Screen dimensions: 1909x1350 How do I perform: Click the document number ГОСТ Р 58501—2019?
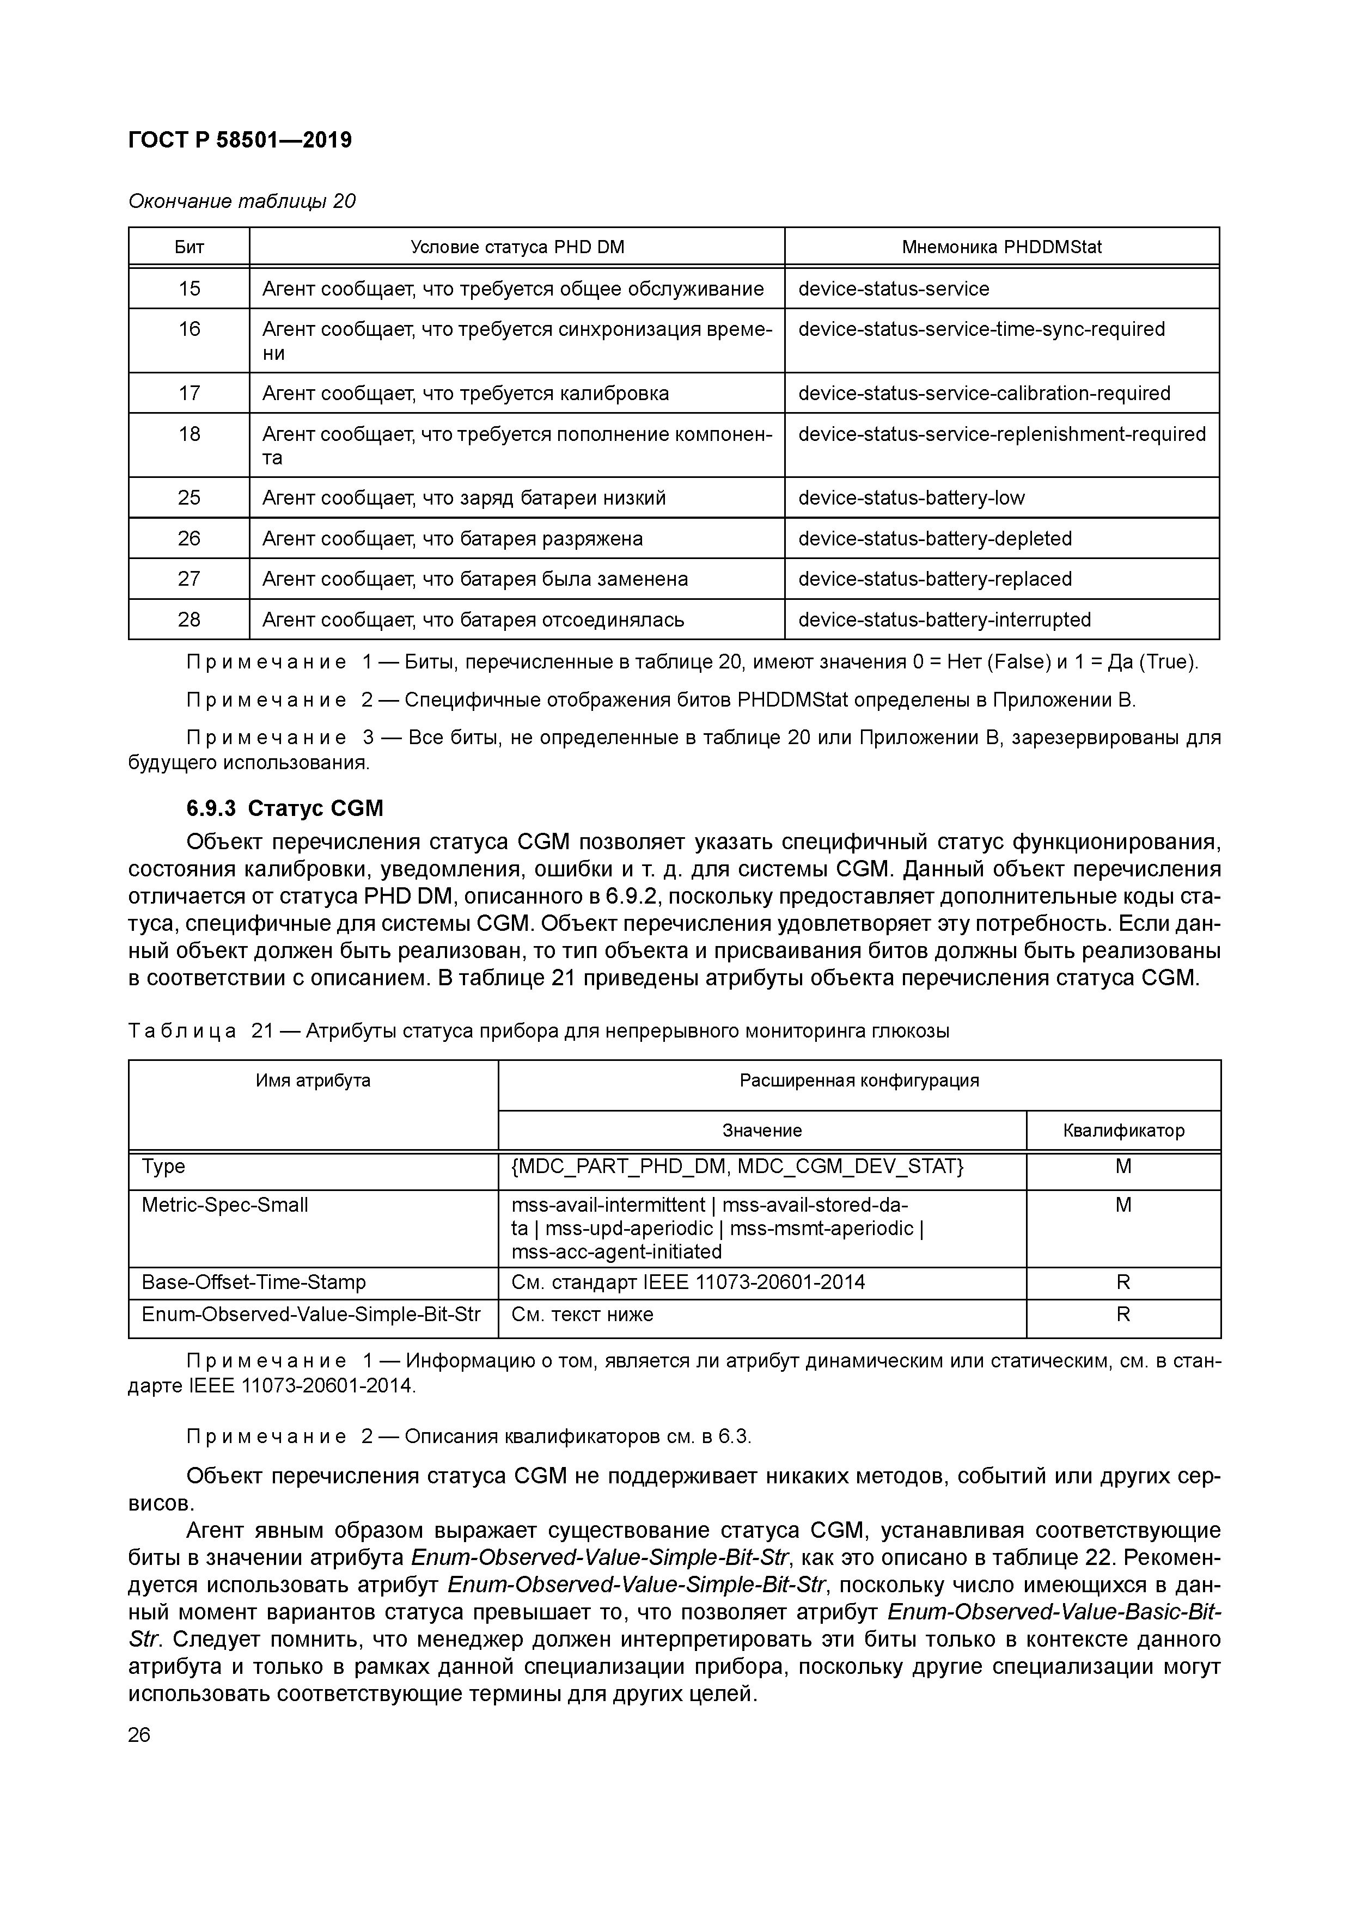(240, 140)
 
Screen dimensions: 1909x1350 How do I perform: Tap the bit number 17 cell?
(189, 393)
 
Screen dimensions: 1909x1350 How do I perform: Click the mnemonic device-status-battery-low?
(911, 498)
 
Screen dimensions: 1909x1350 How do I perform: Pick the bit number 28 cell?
(189, 619)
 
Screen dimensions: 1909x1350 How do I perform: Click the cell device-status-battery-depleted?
(935, 539)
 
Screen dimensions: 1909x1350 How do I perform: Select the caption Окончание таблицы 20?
(241, 201)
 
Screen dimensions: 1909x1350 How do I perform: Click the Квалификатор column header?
(1123, 1131)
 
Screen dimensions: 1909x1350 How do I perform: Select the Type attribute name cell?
(164, 1167)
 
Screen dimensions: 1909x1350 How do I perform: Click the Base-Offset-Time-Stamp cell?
(254, 1282)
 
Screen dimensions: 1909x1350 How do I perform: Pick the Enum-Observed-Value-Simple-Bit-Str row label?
(311, 1315)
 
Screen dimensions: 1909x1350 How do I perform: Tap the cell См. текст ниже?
(582, 1315)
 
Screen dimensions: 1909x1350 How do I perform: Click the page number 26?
(140, 1735)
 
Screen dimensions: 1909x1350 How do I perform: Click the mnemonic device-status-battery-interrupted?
(944, 619)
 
